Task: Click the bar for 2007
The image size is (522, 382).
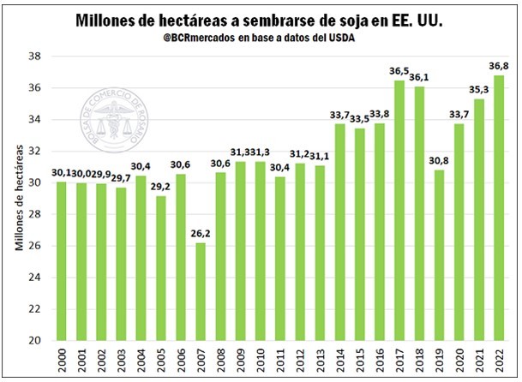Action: tap(200, 291)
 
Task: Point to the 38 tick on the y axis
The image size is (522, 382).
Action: tap(35, 57)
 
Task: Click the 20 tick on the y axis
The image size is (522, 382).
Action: tap(35, 340)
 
